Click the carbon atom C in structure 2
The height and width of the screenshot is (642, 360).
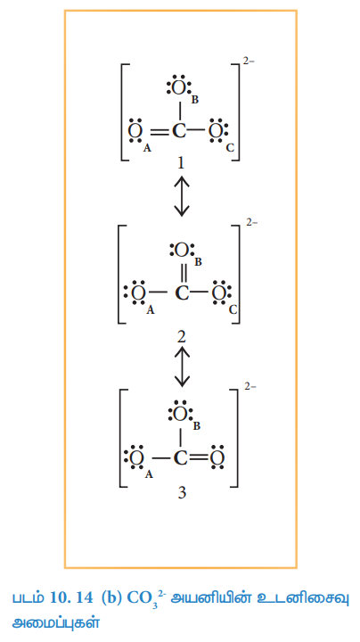[182, 292]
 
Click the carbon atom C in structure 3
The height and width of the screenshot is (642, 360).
[180, 457]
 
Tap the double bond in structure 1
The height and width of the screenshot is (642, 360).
[157, 131]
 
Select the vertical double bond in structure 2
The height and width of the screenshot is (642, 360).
[183, 273]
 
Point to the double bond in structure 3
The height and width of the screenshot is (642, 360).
[200, 457]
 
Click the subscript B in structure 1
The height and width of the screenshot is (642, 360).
[195, 100]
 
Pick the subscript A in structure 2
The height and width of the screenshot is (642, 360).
[151, 311]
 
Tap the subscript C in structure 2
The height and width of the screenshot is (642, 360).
[233, 310]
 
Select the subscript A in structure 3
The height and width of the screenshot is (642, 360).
[149, 474]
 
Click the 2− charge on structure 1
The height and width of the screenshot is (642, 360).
[249, 62]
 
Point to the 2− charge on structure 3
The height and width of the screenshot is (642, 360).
[250, 386]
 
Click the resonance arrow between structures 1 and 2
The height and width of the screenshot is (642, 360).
[182, 195]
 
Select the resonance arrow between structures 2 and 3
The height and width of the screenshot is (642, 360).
[182, 366]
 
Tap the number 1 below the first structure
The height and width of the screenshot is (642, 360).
[180, 163]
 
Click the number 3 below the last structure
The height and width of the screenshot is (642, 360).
[182, 492]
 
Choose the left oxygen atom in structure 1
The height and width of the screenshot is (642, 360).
[135, 131]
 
